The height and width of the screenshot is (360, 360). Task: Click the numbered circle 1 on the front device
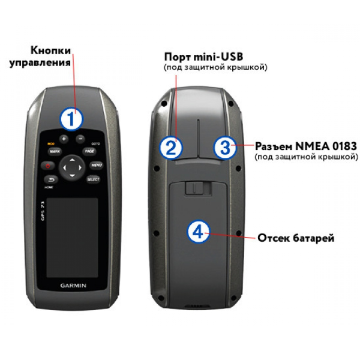(71, 118)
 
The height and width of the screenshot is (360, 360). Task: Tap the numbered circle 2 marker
(172, 147)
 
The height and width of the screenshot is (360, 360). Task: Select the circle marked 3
(223, 147)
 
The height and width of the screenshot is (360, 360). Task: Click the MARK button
(55, 152)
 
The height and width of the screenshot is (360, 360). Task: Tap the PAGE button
(89, 151)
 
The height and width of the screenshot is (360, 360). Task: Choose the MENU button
(95, 165)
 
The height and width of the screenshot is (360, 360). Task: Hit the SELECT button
(92, 179)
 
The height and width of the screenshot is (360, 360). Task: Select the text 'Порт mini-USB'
(203, 57)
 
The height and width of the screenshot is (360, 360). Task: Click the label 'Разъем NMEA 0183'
(306, 146)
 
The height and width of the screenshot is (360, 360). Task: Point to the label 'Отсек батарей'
(296, 238)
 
